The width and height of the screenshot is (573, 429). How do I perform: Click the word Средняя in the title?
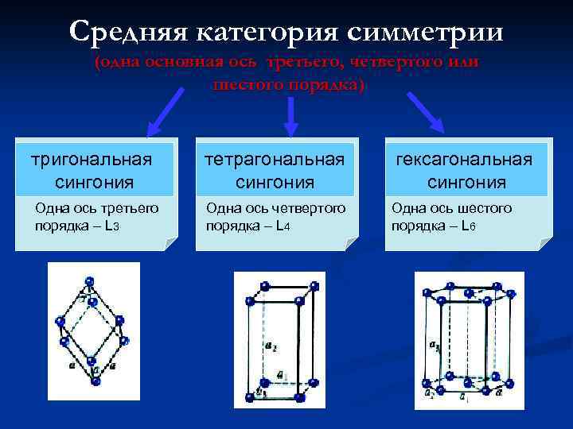(127, 32)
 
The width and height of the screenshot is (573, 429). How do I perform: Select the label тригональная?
(90, 160)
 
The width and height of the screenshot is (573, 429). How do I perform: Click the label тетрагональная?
(275, 160)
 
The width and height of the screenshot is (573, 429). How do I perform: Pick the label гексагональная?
(466, 160)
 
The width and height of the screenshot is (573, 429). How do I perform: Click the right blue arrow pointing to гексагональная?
(425, 110)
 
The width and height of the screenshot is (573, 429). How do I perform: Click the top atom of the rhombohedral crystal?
(89, 281)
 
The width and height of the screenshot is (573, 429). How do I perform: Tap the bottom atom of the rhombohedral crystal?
(95, 382)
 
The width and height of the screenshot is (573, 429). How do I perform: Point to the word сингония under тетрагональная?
(275, 183)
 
